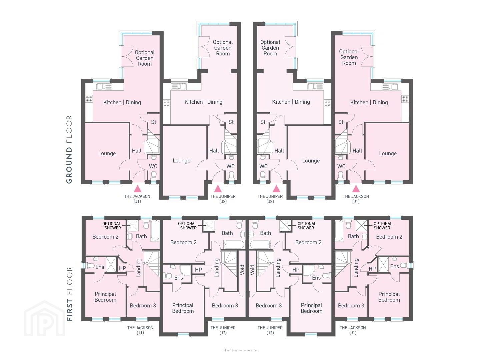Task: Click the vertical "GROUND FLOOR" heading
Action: [x=69, y=150]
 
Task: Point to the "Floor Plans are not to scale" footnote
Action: [x=240, y=350]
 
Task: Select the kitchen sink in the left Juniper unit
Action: [x=179, y=87]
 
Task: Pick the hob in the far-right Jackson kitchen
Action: [x=405, y=99]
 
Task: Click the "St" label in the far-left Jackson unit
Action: [x=154, y=122]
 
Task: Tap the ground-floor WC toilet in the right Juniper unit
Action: [x=263, y=175]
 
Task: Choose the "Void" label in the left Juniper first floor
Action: [x=242, y=270]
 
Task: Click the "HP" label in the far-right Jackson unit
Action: [x=372, y=269]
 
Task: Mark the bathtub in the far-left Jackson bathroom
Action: [x=155, y=231]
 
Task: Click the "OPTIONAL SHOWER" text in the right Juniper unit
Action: [x=306, y=226]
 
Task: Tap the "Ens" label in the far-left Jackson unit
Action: [x=100, y=267]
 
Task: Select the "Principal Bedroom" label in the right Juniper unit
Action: [x=311, y=308]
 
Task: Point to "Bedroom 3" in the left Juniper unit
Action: [x=225, y=306]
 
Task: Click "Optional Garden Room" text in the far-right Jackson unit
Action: [x=349, y=57]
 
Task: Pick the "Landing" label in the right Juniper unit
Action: [x=278, y=268]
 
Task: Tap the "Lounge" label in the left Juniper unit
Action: [x=181, y=161]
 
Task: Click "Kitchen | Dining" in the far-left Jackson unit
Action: [x=122, y=102]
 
